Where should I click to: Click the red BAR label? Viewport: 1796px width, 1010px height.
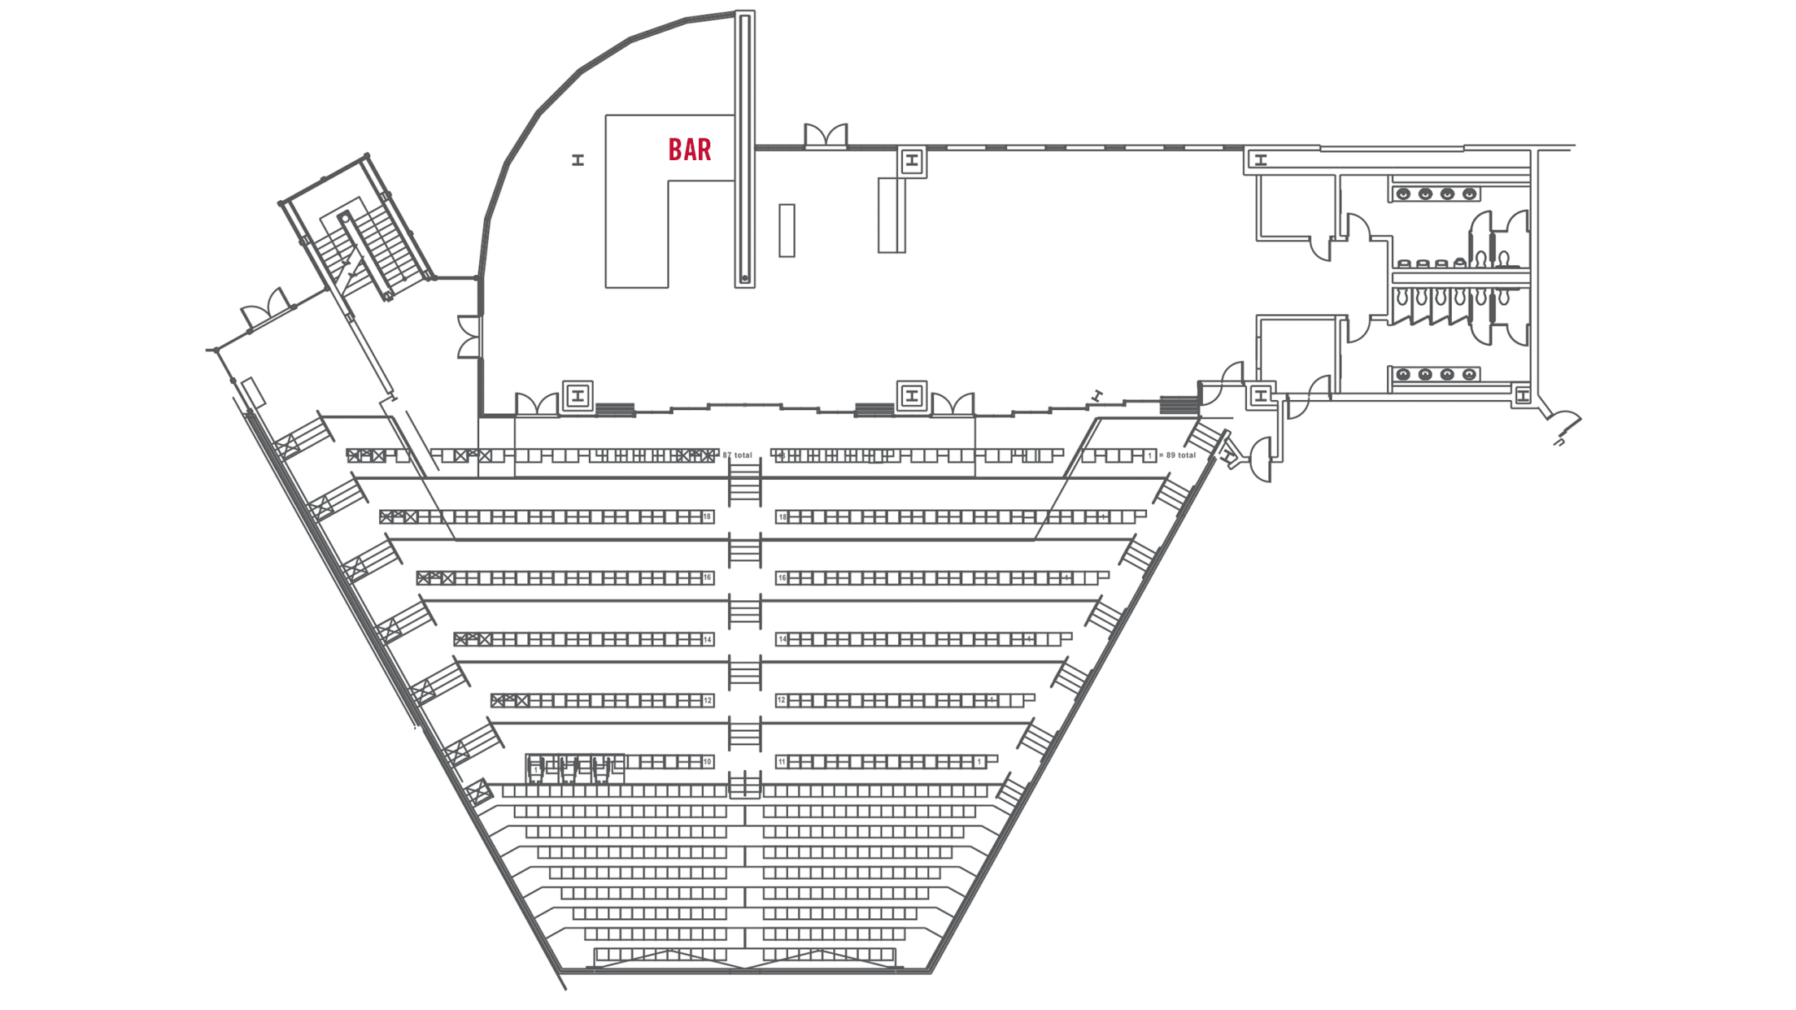(x=690, y=150)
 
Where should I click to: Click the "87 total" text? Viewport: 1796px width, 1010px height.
(x=738, y=455)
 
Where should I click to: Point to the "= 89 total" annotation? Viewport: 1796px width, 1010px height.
(x=1177, y=455)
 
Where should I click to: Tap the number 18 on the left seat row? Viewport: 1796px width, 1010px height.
(x=708, y=516)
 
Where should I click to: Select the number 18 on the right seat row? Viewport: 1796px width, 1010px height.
(x=782, y=516)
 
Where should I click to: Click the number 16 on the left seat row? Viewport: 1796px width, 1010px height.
(x=708, y=577)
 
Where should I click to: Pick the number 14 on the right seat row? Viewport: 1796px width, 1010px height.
(x=782, y=639)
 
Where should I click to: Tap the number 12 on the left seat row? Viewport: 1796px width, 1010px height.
(x=708, y=700)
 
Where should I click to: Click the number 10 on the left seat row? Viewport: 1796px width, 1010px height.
(x=708, y=762)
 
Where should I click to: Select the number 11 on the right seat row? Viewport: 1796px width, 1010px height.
(x=782, y=762)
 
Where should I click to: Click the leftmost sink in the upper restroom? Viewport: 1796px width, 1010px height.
(x=1403, y=194)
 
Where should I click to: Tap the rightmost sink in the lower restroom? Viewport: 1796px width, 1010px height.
(x=1469, y=374)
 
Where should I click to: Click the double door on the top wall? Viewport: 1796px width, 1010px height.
(x=826, y=137)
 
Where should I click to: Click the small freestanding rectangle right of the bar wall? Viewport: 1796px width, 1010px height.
(x=787, y=231)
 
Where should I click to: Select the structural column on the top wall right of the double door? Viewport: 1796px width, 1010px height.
(x=912, y=161)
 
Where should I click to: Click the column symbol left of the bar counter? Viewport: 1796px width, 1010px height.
(x=578, y=160)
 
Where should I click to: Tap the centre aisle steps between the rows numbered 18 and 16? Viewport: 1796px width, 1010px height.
(x=744, y=550)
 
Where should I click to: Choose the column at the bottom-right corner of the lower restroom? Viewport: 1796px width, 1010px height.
(x=1523, y=396)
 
